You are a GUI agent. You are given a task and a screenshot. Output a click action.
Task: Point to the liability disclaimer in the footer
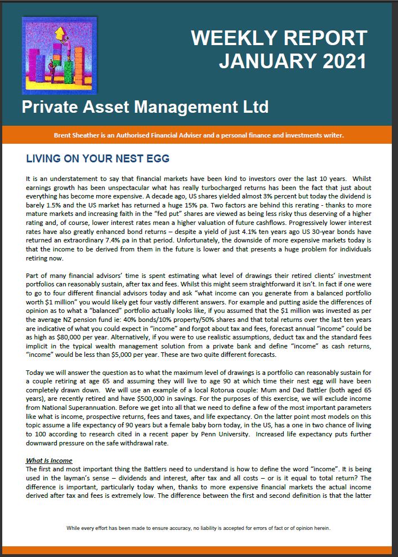coord(199,528)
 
